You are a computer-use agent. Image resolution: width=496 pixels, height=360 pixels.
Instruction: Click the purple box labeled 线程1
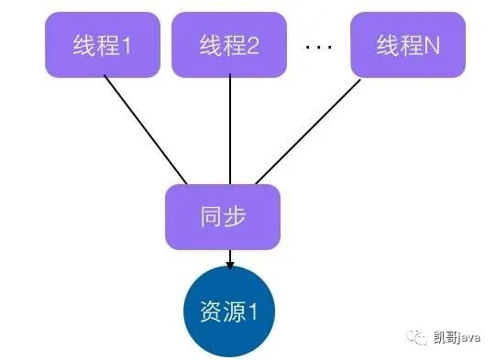pos(103,45)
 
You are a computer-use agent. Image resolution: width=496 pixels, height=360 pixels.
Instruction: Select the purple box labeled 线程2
pos(229,45)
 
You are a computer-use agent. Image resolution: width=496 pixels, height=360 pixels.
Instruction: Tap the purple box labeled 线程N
pos(408,45)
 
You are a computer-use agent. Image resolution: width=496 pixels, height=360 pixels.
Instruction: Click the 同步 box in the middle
pos(223,217)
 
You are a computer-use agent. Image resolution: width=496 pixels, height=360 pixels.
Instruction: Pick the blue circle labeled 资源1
pos(229,311)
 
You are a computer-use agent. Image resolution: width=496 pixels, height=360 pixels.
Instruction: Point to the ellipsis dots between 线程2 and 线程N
pos(319,47)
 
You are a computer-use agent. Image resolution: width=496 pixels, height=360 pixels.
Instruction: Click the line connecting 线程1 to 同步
pos(146,129)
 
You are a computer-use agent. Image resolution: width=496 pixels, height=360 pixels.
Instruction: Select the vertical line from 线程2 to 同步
pos(230,129)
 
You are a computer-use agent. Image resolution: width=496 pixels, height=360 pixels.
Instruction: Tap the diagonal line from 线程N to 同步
pos(308,132)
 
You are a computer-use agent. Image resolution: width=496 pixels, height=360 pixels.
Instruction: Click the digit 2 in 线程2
pos(253,46)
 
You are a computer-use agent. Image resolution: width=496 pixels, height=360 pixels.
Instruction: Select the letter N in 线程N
pos(432,46)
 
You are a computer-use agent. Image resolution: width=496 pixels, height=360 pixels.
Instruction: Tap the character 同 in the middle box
pos(211,217)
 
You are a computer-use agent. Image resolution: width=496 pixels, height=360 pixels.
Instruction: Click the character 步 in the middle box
pos(235,217)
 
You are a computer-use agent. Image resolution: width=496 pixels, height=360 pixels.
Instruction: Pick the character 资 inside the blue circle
pos(211,311)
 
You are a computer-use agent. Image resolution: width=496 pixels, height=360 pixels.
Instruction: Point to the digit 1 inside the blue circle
pos(253,311)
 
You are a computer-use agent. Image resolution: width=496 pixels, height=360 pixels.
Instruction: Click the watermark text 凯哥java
pos(457,338)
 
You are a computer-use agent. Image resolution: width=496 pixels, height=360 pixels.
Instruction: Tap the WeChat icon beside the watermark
pos(417,337)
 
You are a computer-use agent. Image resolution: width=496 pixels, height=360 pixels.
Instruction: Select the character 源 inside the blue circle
pos(235,311)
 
